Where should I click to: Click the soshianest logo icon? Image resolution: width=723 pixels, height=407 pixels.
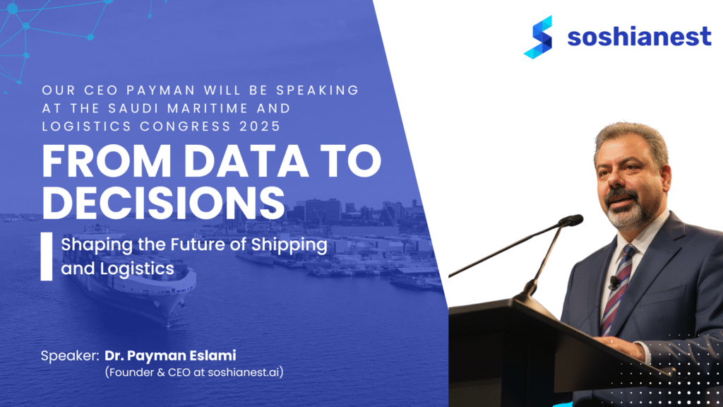pyautogui.click(x=538, y=37)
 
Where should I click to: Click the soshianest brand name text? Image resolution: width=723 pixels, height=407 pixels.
pyautogui.click(x=639, y=37)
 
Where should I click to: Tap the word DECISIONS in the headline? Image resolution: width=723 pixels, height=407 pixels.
pyautogui.click(x=163, y=203)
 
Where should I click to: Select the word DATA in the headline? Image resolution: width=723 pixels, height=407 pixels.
pyautogui.click(x=246, y=161)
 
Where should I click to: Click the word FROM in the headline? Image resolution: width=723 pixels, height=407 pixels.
pyautogui.click(x=107, y=161)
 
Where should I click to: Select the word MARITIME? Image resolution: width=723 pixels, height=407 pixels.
pyautogui.click(x=208, y=108)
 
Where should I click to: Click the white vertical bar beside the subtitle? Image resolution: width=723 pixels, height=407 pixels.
pyautogui.click(x=46, y=256)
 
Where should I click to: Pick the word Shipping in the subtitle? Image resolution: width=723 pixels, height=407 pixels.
pyautogui.click(x=289, y=245)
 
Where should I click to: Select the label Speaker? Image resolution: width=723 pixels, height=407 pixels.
pyautogui.click(x=70, y=356)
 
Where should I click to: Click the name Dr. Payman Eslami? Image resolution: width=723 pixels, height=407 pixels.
pyautogui.click(x=170, y=355)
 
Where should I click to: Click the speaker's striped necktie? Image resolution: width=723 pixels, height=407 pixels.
pyautogui.click(x=617, y=290)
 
